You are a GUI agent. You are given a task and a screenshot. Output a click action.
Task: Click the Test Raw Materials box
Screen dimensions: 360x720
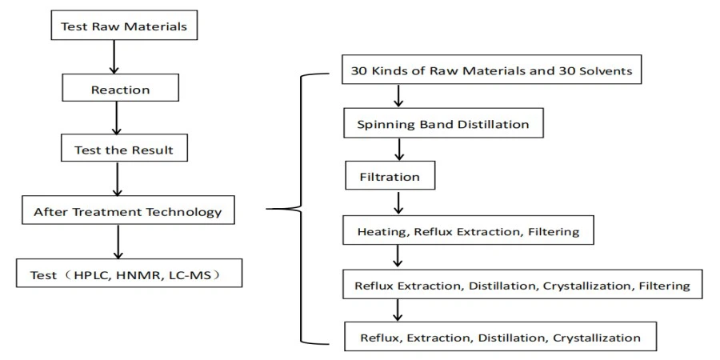pos(124,26)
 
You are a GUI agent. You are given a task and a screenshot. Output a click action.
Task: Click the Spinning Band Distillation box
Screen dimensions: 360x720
pos(442,124)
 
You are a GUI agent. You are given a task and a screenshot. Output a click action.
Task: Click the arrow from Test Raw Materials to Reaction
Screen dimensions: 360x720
pos(117,57)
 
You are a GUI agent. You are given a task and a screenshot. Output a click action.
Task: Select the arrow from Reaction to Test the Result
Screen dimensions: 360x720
pos(118,119)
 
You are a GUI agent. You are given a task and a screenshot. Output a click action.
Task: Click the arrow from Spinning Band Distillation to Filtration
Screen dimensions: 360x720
pos(398,150)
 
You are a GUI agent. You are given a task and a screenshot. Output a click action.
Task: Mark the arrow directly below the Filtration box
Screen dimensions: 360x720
pos(398,202)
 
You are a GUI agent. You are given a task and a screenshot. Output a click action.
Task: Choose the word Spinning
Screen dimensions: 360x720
pos(381,124)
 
